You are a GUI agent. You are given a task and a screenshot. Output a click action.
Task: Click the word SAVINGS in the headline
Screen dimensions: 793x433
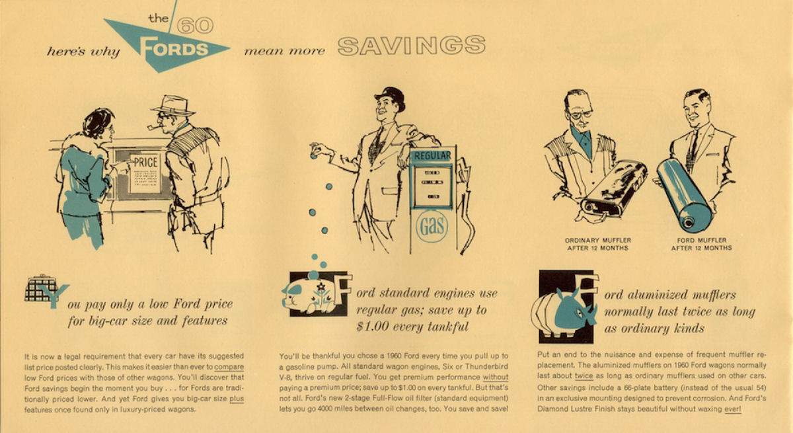pos(411,46)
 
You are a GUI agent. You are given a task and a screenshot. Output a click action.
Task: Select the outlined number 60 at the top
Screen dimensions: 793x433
pos(195,26)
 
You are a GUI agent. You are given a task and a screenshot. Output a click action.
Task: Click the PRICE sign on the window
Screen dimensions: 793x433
pos(145,173)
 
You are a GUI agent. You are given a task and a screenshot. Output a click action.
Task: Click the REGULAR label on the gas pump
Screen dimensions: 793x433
pos(432,155)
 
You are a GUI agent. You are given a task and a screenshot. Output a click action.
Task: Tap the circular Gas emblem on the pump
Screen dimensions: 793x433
pos(432,225)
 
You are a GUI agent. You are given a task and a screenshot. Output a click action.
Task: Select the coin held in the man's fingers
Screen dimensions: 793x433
pos(313,155)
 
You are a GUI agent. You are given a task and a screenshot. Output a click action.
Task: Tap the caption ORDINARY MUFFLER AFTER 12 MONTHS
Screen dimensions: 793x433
pos(597,244)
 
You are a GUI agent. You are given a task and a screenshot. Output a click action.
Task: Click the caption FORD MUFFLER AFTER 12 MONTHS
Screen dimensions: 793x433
pos(701,244)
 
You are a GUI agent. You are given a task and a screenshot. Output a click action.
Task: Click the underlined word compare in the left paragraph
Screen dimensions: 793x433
pos(229,367)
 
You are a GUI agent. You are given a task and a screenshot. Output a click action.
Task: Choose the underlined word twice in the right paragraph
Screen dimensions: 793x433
pos(584,375)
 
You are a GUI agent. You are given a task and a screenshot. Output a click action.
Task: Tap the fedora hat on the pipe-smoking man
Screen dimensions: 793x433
pos(173,105)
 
